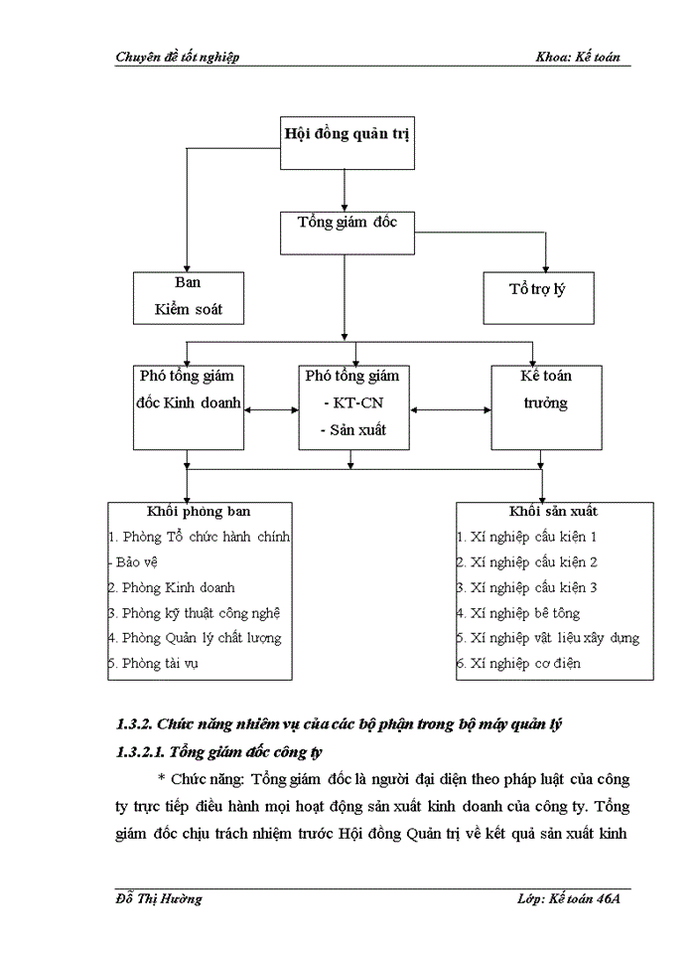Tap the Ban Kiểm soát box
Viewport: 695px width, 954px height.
point(189,296)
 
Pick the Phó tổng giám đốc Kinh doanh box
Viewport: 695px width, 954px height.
point(189,406)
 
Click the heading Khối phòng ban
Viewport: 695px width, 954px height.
point(200,512)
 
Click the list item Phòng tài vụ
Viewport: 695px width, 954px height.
point(159,663)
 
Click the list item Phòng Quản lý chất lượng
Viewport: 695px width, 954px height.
point(200,638)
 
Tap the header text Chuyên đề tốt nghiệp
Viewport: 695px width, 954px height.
point(178,58)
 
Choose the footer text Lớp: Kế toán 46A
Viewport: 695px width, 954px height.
point(567,898)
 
